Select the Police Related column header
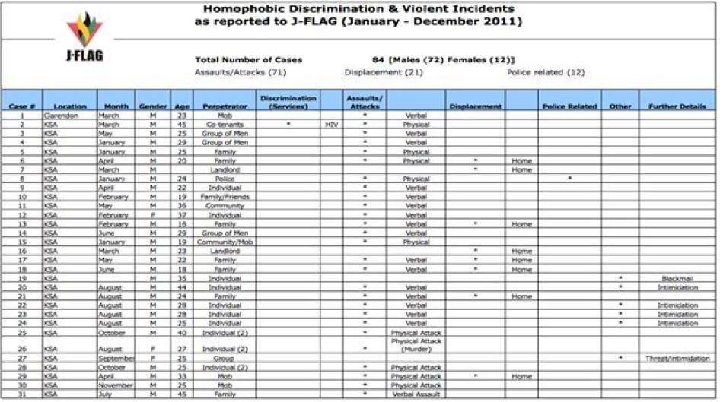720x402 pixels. click(x=570, y=106)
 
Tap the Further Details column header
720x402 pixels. click(x=677, y=106)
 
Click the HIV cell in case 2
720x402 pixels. click(x=330, y=124)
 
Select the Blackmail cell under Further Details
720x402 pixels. click(x=677, y=278)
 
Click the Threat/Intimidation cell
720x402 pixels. click(x=677, y=358)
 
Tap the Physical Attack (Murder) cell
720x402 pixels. click(x=416, y=345)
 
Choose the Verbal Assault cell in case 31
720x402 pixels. click(x=416, y=394)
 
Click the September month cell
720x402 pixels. click(x=116, y=358)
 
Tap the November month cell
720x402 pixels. click(x=116, y=385)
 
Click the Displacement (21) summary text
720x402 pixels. click(x=384, y=72)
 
